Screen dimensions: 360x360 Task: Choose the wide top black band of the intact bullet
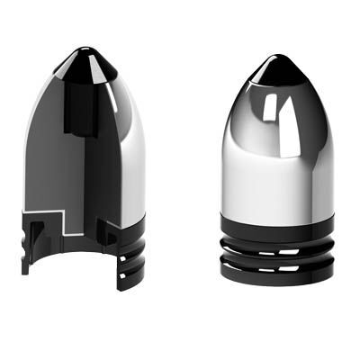pos(277,225)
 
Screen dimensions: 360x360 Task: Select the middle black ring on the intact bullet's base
pos(277,254)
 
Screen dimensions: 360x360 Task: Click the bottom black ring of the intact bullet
pos(277,274)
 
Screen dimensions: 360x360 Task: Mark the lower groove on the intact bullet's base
pos(277,264)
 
